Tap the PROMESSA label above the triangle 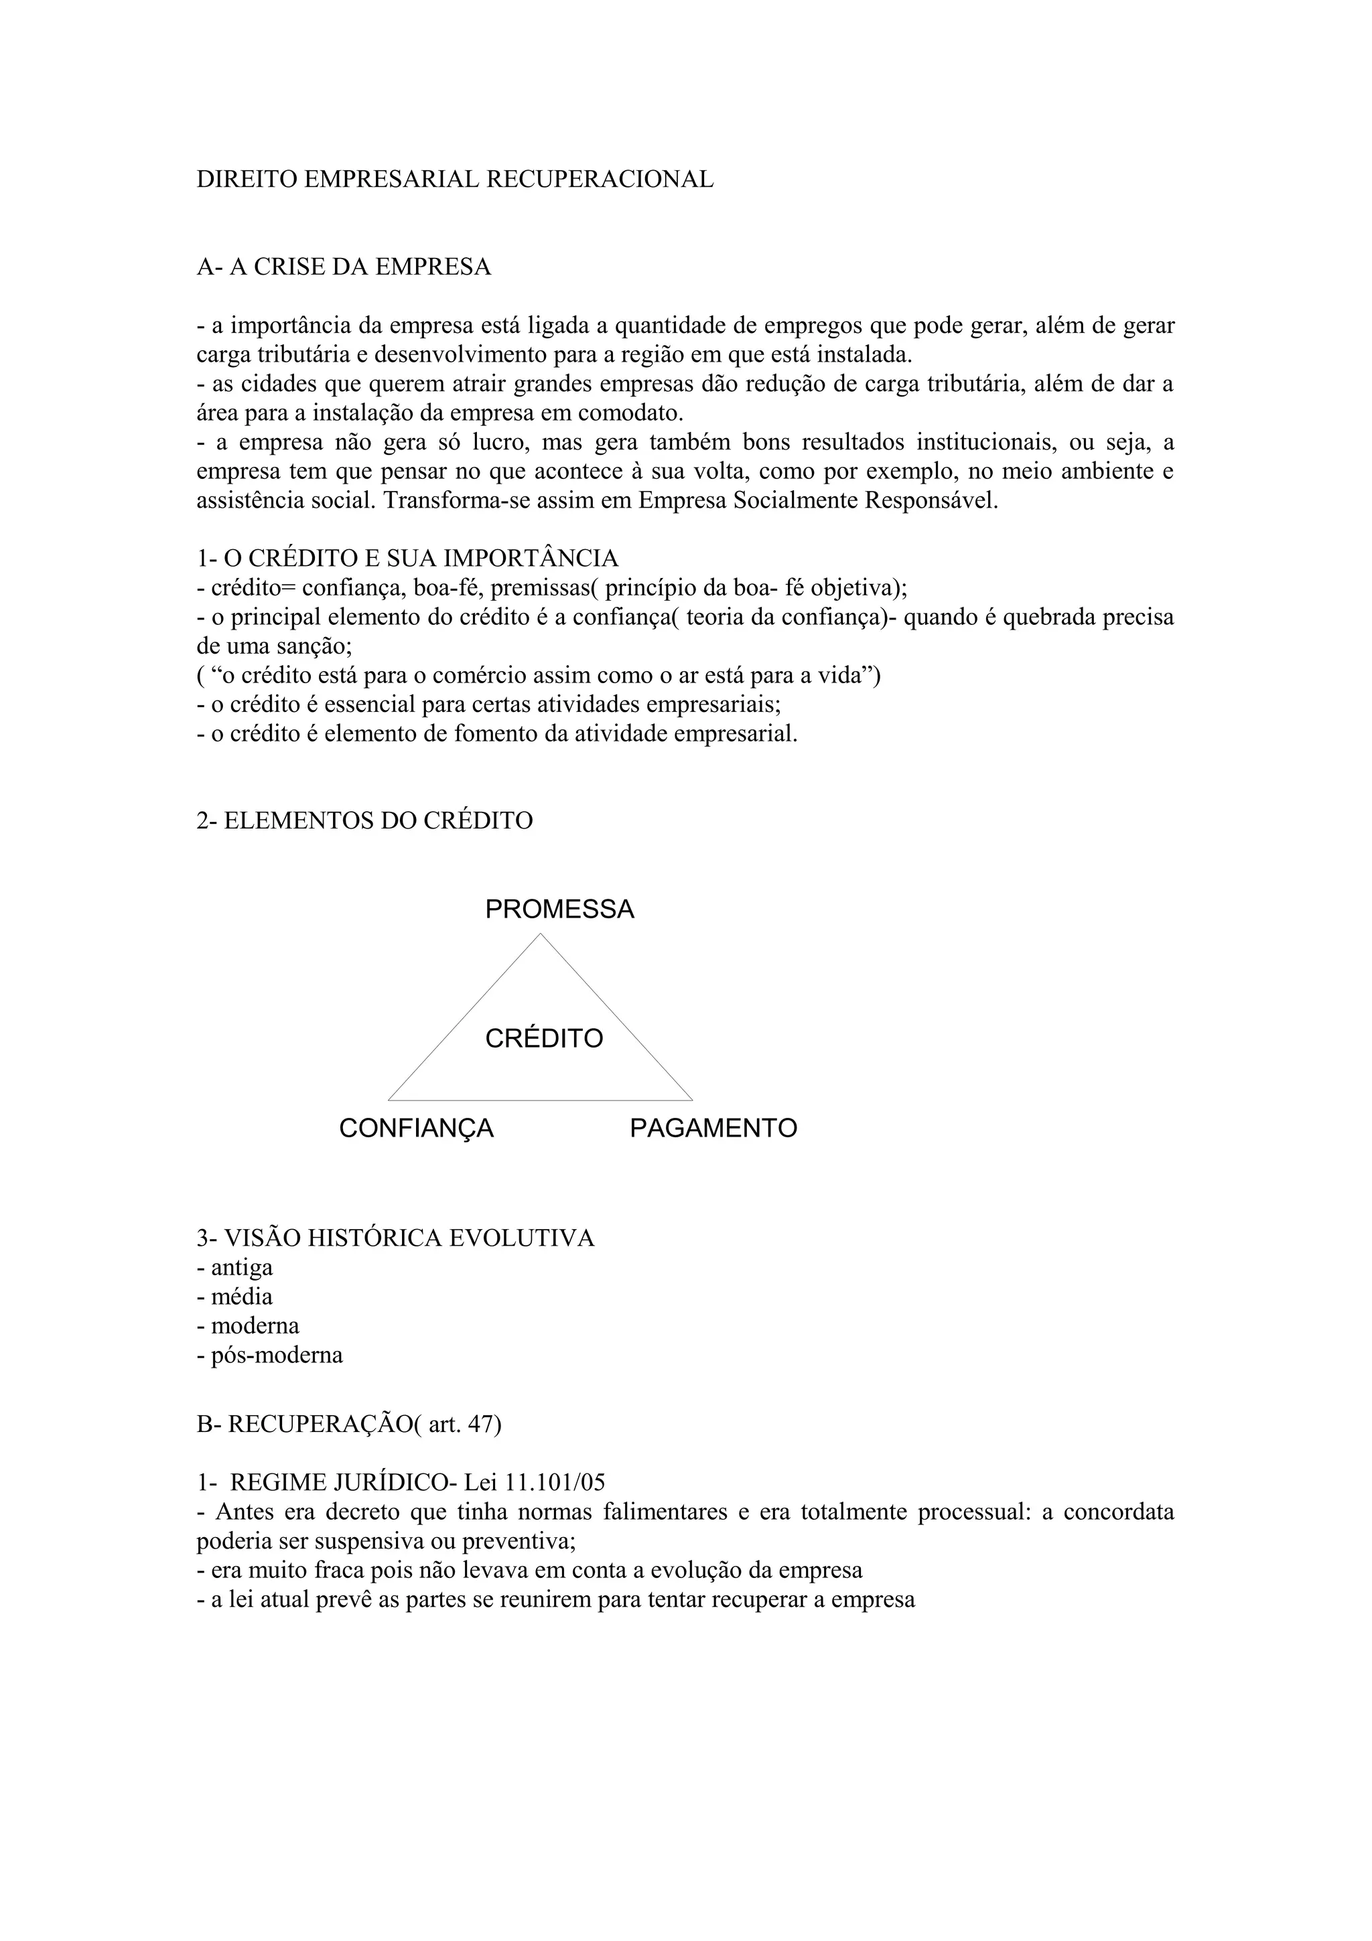pos(559,910)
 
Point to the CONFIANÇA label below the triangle pos(416,1128)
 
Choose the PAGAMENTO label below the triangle pos(713,1128)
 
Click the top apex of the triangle pos(540,934)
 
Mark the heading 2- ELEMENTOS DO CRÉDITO pos(364,821)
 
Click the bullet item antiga pos(242,1267)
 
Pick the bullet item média pos(242,1297)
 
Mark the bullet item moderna pos(255,1325)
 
